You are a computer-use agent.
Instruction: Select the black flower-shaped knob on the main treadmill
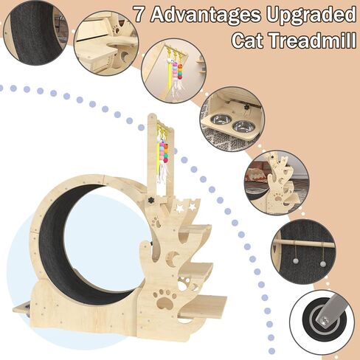point(148,200)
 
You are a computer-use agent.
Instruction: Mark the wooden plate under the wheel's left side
point(22,307)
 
